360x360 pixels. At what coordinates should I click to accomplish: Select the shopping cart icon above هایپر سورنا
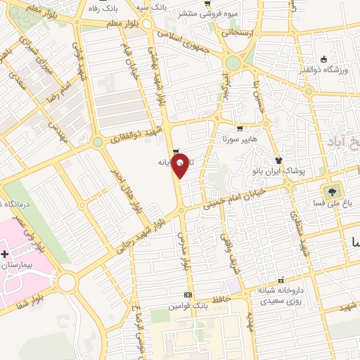click(240, 129)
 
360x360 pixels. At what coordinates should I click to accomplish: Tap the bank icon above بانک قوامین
click(188, 295)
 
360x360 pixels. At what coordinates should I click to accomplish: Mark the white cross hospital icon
click(5, 253)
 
